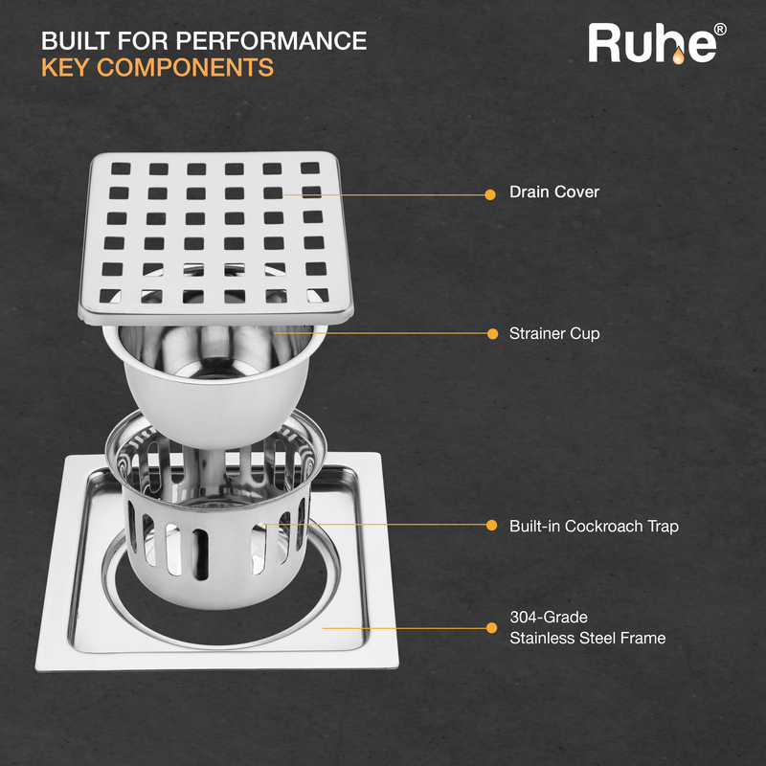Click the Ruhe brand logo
click(657, 43)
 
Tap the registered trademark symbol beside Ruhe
click(720, 30)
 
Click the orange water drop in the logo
click(678, 56)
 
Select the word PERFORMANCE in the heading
click(271, 40)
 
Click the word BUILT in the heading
click(77, 40)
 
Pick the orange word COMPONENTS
click(185, 67)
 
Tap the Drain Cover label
click(554, 191)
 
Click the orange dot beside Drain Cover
click(490, 195)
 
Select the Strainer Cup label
click(554, 333)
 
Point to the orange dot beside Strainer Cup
click(492, 333)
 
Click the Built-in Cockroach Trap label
click(594, 526)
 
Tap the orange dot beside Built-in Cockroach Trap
click(491, 525)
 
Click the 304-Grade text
click(549, 617)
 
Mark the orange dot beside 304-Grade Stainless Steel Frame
click(491, 628)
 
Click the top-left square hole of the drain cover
click(121, 169)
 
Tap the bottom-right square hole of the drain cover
click(318, 295)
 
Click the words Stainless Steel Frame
click(588, 638)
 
